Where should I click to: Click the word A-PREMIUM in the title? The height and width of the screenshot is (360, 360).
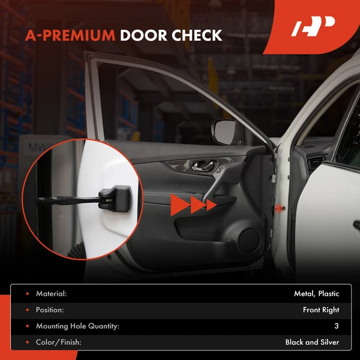tap(70, 35)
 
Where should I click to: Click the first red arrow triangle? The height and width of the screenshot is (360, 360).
tap(178, 206)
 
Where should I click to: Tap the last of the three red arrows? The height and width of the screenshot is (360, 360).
tap(211, 206)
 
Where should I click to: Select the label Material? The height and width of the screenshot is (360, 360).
tap(51, 294)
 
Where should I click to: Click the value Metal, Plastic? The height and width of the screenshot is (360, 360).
tap(317, 294)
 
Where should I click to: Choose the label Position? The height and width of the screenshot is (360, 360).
tap(50, 310)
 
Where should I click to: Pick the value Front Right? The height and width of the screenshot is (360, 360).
tap(321, 310)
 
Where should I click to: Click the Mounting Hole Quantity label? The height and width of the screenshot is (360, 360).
tap(77, 326)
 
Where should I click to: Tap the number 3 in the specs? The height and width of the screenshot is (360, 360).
tap(337, 326)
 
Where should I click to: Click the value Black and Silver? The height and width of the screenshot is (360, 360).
tap(312, 343)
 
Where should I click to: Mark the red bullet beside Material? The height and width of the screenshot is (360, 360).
tap(27, 294)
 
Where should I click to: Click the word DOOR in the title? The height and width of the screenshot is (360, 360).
tap(140, 35)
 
